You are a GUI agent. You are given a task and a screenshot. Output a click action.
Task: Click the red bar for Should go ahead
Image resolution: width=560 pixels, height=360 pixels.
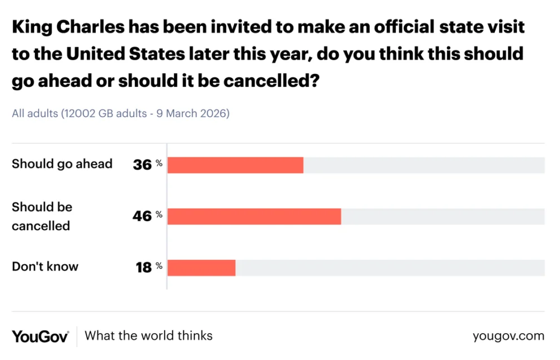point(235,165)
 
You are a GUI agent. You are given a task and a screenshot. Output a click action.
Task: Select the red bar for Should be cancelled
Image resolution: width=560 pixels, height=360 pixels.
point(254,217)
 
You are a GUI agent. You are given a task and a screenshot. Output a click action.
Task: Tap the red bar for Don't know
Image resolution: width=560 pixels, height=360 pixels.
point(202,268)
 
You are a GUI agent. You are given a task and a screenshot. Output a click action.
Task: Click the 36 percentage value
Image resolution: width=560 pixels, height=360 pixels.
point(142,165)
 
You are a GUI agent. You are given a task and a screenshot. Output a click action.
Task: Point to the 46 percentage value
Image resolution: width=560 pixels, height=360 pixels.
point(142,217)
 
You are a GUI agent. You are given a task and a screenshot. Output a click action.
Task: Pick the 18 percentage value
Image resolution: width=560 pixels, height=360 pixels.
point(143,268)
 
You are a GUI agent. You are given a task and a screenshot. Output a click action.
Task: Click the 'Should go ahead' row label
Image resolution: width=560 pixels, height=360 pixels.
point(62,164)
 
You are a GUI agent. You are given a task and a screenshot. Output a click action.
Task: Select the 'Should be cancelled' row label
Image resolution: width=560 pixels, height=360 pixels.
point(42,216)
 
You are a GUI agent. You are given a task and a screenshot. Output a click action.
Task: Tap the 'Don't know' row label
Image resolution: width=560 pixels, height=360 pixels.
point(45,267)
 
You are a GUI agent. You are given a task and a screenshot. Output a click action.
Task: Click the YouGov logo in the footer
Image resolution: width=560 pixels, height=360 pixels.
point(40,336)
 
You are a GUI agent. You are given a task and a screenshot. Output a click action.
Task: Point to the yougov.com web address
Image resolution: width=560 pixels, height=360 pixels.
point(508,336)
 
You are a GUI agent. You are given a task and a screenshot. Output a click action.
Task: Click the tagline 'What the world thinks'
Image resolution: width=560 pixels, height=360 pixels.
point(148,336)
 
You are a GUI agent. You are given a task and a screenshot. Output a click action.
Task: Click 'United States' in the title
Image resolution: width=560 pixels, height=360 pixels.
point(128,54)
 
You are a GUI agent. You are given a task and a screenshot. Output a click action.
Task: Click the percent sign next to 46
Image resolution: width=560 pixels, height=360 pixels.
point(159,214)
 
